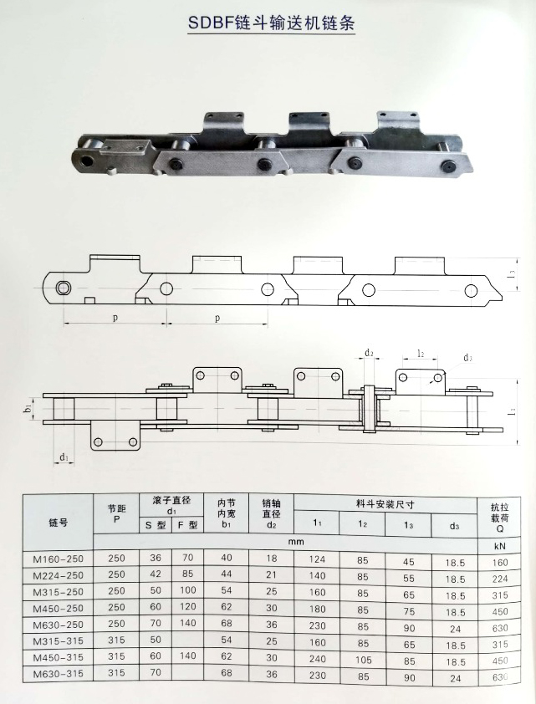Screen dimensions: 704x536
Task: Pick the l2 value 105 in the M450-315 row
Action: (362, 659)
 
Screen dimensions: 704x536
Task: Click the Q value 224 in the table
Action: (499, 576)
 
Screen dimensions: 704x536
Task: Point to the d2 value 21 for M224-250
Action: (270, 576)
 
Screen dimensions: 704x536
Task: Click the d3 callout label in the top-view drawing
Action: (467, 359)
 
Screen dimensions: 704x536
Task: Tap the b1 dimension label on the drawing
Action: (28, 411)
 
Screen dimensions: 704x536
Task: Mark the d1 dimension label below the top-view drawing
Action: (64, 457)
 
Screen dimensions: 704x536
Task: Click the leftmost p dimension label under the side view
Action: (115, 319)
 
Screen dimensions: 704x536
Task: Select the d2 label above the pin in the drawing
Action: (369, 353)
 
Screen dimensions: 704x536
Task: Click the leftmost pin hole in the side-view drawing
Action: (64, 289)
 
